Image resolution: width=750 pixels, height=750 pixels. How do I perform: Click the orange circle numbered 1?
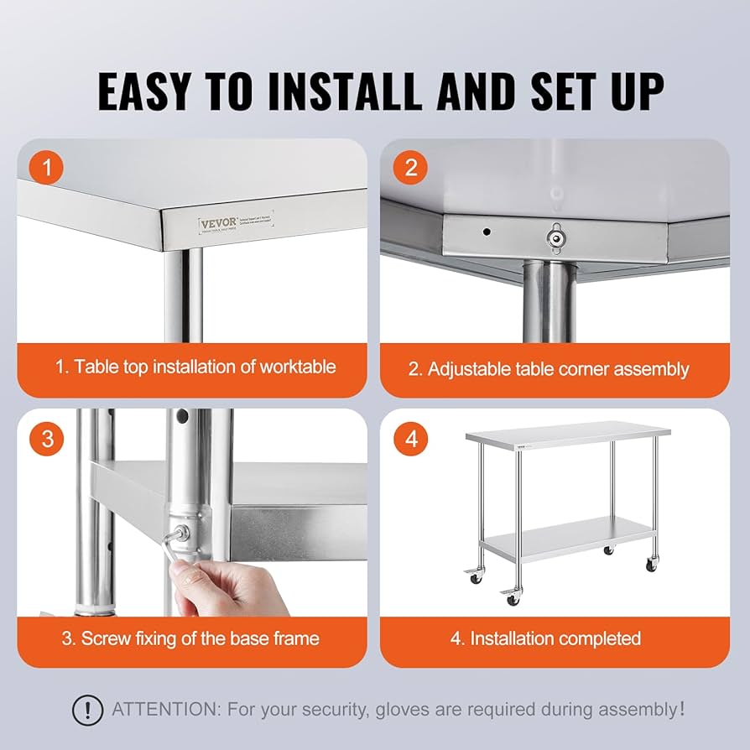coord(47,168)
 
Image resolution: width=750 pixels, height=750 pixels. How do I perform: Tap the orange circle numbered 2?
coord(410,168)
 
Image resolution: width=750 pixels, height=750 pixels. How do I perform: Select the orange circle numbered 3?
coord(47,438)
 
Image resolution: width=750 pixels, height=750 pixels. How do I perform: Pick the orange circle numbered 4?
coord(410,438)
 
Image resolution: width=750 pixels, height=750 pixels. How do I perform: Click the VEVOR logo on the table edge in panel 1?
coord(217,223)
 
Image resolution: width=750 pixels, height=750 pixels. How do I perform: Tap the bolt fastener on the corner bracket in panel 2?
coord(555,237)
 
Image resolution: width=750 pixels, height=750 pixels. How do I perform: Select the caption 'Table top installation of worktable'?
coord(195,367)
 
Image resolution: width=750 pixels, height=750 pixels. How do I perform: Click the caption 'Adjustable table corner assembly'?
coord(549,368)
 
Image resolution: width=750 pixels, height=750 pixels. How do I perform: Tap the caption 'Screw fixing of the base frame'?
coord(190,638)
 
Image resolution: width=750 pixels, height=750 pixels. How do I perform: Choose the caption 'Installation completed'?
coord(545,638)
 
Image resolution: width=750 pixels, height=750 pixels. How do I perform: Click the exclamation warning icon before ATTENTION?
coord(87,710)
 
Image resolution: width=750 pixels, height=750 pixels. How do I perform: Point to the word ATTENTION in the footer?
coord(164,710)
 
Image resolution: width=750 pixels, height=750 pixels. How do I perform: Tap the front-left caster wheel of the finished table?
coord(511,596)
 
